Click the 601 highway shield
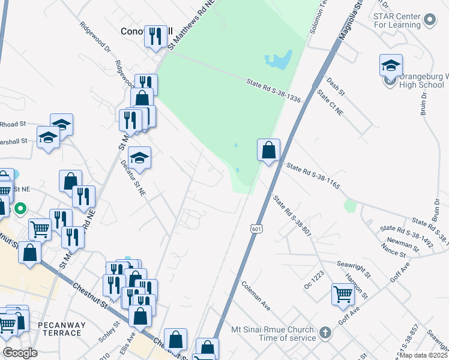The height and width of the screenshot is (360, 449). pyautogui.click(x=256, y=229)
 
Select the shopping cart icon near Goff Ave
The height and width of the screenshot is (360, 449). pyautogui.click(x=343, y=294)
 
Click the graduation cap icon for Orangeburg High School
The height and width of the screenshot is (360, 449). pyautogui.click(x=391, y=65)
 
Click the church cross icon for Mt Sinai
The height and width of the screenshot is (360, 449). pyautogui.click(x=325, y=331)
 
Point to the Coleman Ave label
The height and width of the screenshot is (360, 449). pyautogui.click(x=256, y=295)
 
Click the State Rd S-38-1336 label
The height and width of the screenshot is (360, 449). pyautogui.click(x=273, y=90)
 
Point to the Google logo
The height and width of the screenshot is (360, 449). pyautogui.click(x=19, y=352)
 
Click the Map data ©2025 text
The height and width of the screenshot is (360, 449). pyautogui.click(x=423, y=355)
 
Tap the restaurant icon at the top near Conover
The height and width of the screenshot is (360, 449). pyautogui.click(x=156, y=36)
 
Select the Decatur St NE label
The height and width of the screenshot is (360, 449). pyautogui.click(x=134, y=178)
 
